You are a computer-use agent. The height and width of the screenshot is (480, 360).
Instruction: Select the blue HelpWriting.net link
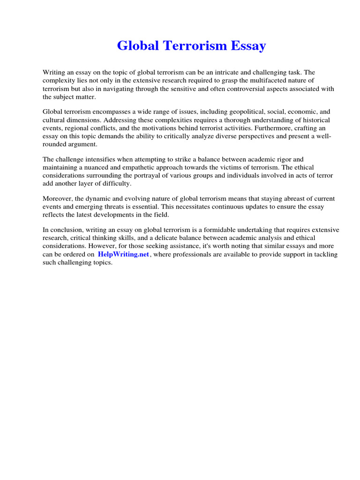(x=123, y=254)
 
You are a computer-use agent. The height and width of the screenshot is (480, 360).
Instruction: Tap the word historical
(x=314, y=120)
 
